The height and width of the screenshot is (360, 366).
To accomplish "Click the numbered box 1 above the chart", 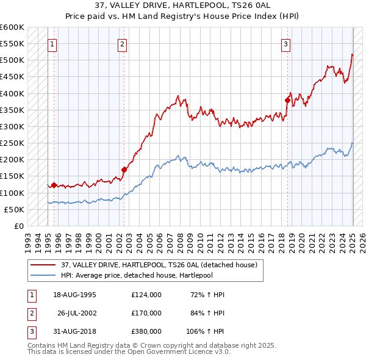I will click(52, 44).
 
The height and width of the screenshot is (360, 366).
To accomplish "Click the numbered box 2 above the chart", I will click(123, 44).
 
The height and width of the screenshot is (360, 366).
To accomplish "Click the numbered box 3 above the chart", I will click(285, 44).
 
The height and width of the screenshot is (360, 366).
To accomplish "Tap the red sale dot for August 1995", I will click(54, 185).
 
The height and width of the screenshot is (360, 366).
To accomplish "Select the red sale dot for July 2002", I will click(124, 170).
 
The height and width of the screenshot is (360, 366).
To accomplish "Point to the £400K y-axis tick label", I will click(12, 93).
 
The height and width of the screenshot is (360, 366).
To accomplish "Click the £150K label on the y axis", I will click(12, 176).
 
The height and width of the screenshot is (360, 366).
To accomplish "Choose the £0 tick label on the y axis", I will click(18, 226).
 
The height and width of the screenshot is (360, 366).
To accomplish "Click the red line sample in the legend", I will click(43, 265).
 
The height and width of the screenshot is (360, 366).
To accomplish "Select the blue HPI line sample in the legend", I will click(43, 275).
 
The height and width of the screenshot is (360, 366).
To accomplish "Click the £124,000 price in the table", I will click(146, 294).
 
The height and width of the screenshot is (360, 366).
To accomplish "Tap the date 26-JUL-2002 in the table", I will click(77, 312).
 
